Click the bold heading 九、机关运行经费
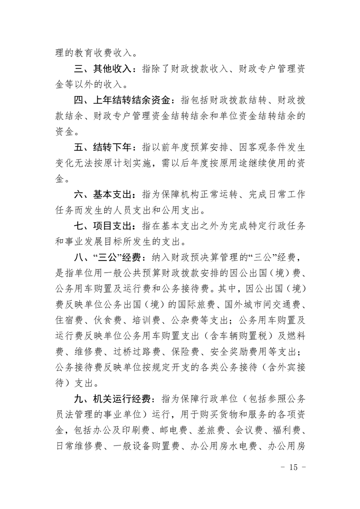112,400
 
